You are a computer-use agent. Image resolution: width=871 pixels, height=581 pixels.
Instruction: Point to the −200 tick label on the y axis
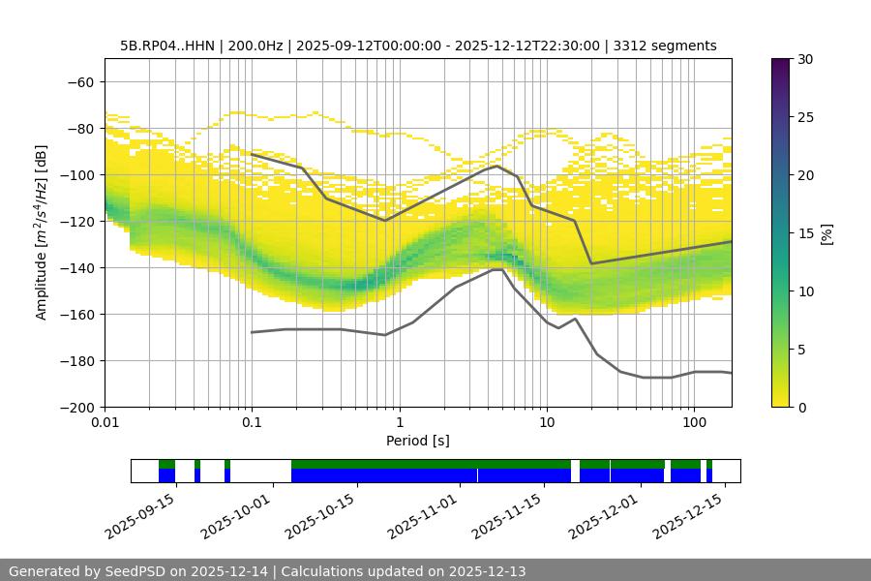pos(76,407)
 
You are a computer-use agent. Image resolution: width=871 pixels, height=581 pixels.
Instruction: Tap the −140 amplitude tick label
pos(76,267)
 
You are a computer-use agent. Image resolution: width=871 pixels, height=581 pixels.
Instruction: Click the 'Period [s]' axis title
pos(418,441)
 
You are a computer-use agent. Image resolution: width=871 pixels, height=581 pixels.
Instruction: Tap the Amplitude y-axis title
pos(42,232)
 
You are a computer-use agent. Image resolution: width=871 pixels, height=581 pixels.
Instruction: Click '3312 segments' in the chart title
pos(666,46)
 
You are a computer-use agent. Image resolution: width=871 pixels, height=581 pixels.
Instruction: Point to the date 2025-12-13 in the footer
pos(487,571)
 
